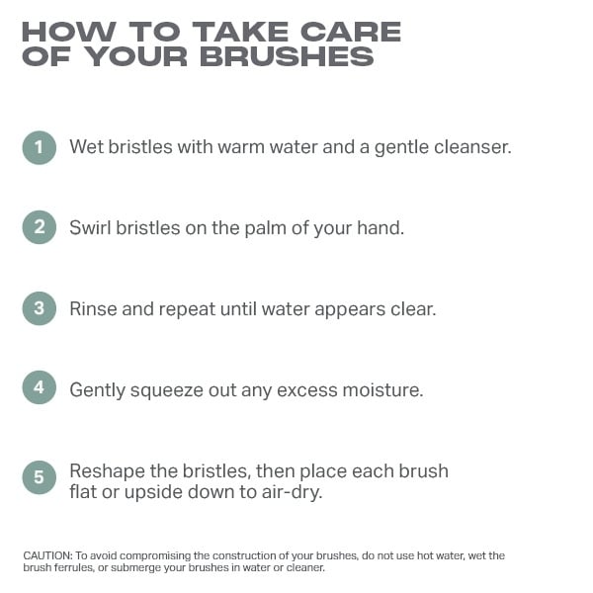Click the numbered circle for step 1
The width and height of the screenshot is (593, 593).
[x=40, y=147]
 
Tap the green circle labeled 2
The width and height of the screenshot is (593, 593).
[x=40, y=227]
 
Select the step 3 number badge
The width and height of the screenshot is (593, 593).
[x=40, y=308]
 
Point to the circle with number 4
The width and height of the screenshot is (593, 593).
[x=40, y=387]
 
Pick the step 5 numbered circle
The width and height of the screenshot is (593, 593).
[x=40, y=477]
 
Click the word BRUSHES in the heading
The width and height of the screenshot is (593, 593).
[x=287, y=56]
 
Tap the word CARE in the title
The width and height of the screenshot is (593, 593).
[x=351, y=32]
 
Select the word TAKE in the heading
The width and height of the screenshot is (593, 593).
[x=240, y=32]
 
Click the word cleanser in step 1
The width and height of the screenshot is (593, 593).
[x=472, y=146]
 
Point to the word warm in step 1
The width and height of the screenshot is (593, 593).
[x=241, y=146]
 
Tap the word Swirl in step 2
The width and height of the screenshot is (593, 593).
[x=90, y=227]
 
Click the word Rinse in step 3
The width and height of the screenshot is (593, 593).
[x=93, y=308]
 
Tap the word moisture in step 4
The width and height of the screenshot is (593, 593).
[x=382, y=389]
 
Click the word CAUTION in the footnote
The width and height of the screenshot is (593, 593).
[x=47, y=555]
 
